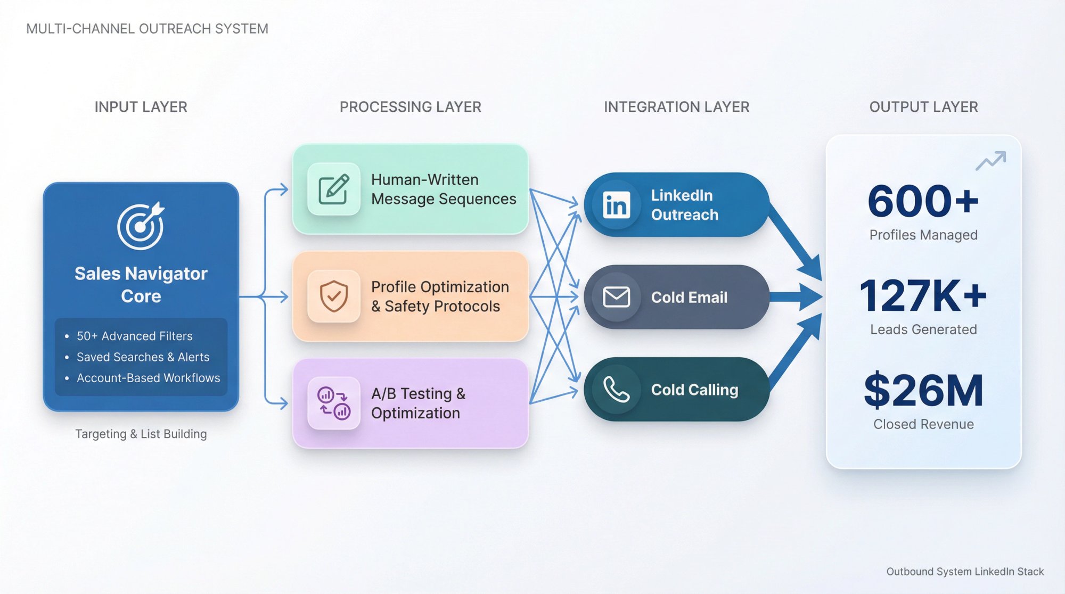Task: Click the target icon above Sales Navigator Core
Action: (141, 226)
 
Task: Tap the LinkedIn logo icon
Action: (616, 205)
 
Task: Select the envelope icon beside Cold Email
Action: (616, 297)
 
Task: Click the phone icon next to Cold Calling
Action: (616, 390)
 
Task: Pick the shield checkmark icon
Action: (334, 296)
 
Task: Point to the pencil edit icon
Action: (334, 189)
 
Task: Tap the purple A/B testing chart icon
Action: (334, 403)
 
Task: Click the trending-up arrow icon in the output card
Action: (990, 161)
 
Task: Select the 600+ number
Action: (923, 202)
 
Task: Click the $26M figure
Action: (923, 391)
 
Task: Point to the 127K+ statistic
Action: (923, 296)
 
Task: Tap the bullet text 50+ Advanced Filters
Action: (134, 336)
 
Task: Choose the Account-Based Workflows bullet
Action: (148, 378)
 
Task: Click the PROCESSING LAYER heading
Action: (410, 107)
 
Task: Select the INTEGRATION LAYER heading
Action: (676, 107)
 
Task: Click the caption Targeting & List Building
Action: (141, 434)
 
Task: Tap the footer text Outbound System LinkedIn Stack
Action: (964, 572)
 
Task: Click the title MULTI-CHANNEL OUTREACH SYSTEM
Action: (147, 29)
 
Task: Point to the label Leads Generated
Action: (923, 330)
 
